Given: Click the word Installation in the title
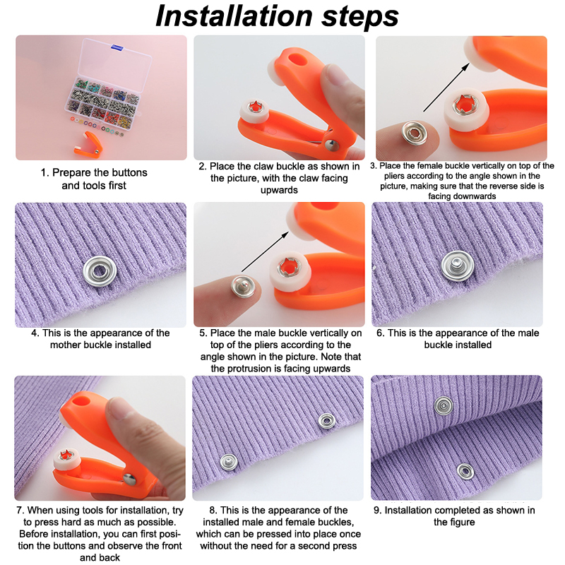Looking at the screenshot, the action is [x=234, y=16].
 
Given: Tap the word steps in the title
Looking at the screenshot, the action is [x=360, y=17].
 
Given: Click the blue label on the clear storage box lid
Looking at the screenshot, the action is [x=117, y=47].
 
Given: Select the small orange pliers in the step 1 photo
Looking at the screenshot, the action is [x=88, y=144].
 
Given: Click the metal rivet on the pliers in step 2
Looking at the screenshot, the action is [x=331, y=145].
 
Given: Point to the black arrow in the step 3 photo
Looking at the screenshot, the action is [x=446, y=88].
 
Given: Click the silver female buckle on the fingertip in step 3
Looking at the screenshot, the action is [x=415, y=133].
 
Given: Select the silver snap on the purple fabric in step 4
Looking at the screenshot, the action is [x=100, y=271].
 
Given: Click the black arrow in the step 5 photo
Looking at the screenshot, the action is [x=265, y=251].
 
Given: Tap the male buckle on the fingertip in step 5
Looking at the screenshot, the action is [x=243, y=287].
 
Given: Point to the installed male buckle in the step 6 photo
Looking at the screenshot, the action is [x=457, y=266].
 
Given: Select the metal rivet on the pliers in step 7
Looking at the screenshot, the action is [x=129, y=480].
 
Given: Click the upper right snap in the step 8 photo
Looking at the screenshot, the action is [x=326, y=421].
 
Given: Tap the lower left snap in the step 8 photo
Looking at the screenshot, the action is [x=229, y=462].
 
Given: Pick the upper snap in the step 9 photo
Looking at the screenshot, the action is [x=444, y=405].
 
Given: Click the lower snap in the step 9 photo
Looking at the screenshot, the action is [x=465, y=471].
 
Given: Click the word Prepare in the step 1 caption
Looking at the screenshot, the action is [x=70, y=172].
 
